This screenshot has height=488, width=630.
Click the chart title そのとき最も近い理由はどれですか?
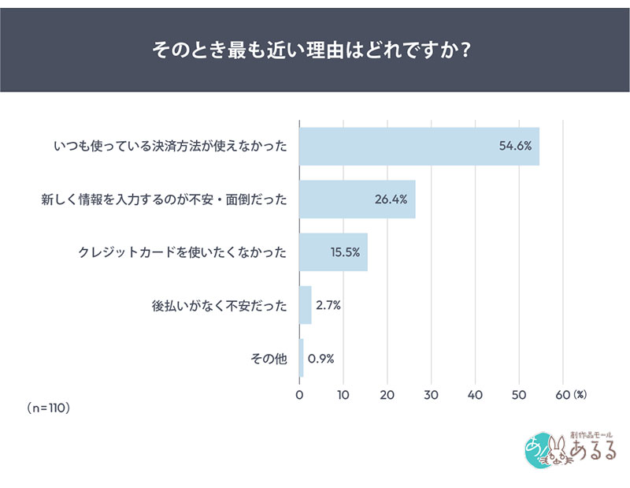pos(315,50)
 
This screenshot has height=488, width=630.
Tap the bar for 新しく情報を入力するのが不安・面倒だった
pos(357,199)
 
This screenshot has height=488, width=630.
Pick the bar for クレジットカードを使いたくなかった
pos(333,252)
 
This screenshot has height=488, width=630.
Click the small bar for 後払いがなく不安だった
pos(306,305)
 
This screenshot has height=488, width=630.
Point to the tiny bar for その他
pos(302,358)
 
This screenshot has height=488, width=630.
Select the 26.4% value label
pos(391,199)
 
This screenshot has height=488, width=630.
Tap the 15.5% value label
pos(345,252)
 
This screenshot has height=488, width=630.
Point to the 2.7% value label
pos(327,305)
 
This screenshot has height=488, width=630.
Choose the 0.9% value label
pos(321,358)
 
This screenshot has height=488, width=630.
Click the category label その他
pos(269,358)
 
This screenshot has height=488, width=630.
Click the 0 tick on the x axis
pos(299,393)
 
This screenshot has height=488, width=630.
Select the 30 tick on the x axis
pos(431,393)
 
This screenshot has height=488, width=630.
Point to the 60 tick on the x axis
pos(562,393)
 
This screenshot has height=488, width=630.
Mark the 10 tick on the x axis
pos(343,393)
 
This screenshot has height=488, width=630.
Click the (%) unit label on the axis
pos(580,393)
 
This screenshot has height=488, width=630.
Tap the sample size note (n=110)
pos(49,408)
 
